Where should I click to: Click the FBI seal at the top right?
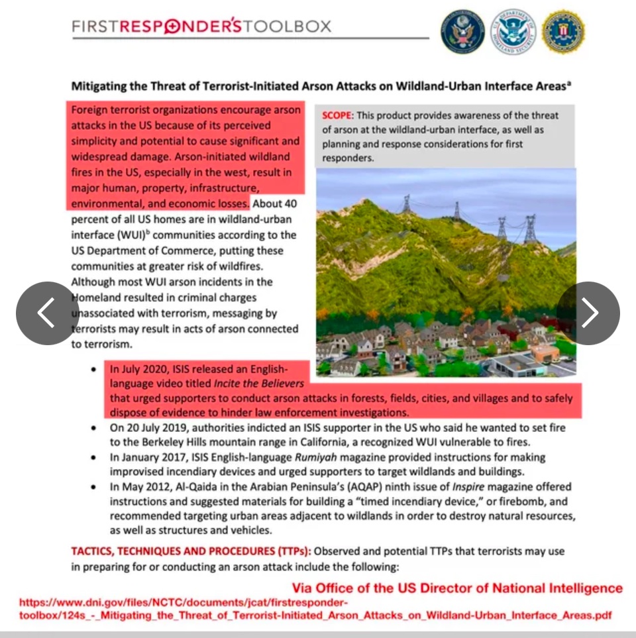click(562, 32)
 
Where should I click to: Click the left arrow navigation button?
click(47, 313)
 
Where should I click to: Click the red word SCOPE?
click(338, 115)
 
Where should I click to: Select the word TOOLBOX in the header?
click(286, 27)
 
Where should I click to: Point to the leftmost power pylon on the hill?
click(406, 203)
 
